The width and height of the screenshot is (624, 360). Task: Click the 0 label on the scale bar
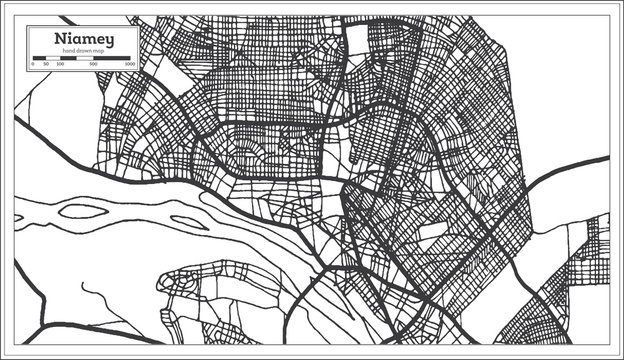pyautogui.click(x=33, y=64)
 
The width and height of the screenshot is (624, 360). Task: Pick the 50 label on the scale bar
pyautogui.click(x=46, y=64)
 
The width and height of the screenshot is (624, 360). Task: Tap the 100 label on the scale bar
pyautogui.click(x=59, y=64)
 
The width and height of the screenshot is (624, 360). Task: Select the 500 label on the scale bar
pyautogui.click(x=92, y=64)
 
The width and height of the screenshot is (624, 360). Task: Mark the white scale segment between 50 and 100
pyautogui.click(x=52, y=58)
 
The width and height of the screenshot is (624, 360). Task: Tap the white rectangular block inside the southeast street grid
pyautogui.click(x=432, y=231)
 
